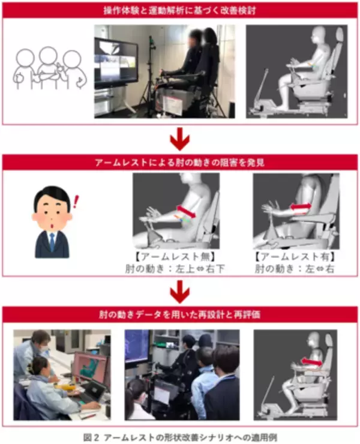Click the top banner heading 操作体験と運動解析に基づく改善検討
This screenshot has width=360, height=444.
pyautogui.click(x=180, y=11)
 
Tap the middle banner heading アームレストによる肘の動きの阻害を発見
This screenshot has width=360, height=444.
pyautogui.click(x=180, y=162)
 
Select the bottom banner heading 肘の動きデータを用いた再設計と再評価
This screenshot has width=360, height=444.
pyautogui.click(x=180, y=314)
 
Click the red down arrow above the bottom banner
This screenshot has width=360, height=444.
pyautogui.click(x=180, y=291)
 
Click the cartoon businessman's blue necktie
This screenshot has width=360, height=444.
pyautogui.click(x=52, y=241)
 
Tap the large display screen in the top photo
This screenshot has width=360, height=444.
pyautogui.click(x=116, y=61)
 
